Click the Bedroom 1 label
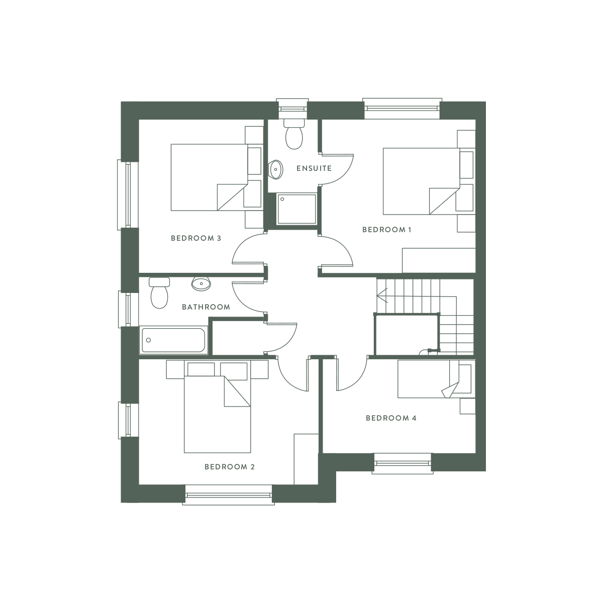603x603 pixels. point(387,230)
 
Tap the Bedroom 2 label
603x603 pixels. point(230,467)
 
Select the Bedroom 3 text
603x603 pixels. point(196,238)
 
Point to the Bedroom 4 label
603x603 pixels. point(391,418)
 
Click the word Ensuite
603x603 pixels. point(314,168)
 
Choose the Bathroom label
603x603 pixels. point(206,307)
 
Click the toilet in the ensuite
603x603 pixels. point(294,134)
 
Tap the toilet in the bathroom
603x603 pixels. point(159,293)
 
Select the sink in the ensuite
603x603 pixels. point(276,170)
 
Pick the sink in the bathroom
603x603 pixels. point(201,284)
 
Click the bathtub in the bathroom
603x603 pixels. point(173,340)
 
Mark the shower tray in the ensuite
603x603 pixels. point(296,209)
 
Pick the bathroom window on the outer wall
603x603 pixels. point(128,309)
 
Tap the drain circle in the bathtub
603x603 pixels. point(149,340)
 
